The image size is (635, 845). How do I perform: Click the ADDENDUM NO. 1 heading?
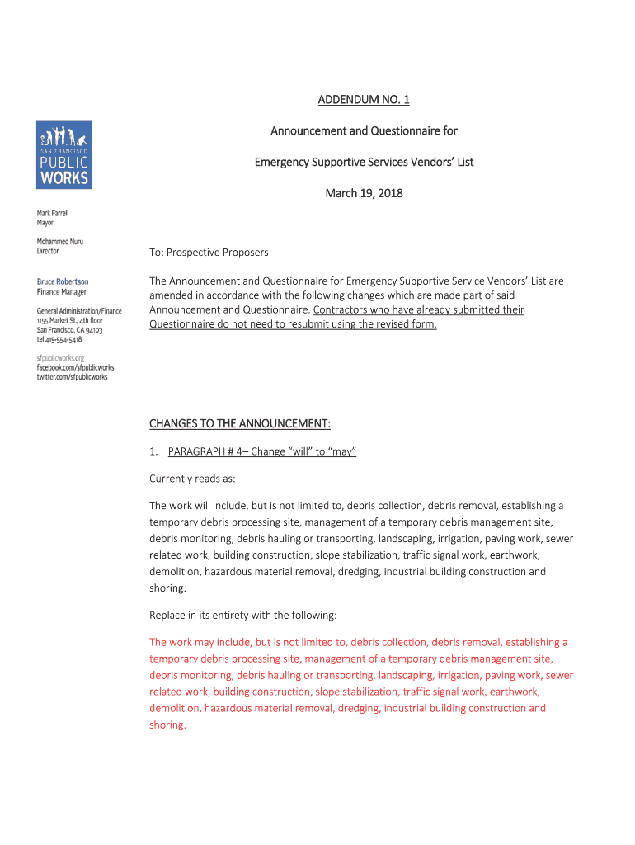click(364, 101)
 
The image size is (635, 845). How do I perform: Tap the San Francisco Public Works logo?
click(63, 155)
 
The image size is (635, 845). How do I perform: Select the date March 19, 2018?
click(364, 193)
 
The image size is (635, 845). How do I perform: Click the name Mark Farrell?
click(53, 213)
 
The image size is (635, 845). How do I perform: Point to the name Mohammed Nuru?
click(59, 242)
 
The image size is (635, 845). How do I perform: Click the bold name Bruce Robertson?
click(63, 281)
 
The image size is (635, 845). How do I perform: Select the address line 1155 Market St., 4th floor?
click(70, 320)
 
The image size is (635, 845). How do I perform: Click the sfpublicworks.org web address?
click(60, 358)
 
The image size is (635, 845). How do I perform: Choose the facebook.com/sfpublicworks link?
click(75, 367)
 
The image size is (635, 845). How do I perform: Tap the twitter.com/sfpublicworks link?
click(72, 377)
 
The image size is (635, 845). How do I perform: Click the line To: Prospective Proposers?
click(209, 252)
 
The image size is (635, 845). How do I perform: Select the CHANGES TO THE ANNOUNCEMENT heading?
click(240, 424)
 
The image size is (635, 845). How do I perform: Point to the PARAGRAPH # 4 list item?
click(261, 451)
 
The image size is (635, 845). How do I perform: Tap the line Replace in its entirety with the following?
click(242, 615)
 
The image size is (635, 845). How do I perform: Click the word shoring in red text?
click(167, 725)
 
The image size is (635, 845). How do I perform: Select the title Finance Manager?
click(61, 291)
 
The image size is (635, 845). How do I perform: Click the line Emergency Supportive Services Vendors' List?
click(364, 162)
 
